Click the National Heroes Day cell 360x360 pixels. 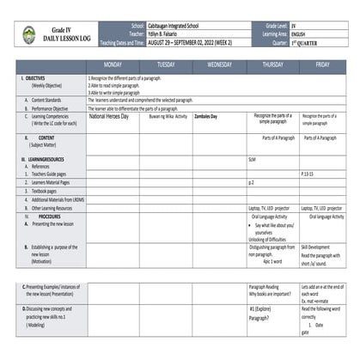tap(109, 115)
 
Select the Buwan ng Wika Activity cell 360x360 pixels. tap(167, 115)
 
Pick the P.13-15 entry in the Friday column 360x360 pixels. tap(308, 172)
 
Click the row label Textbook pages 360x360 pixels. tap(50, 191)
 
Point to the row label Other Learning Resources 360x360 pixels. tap(58, 208)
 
